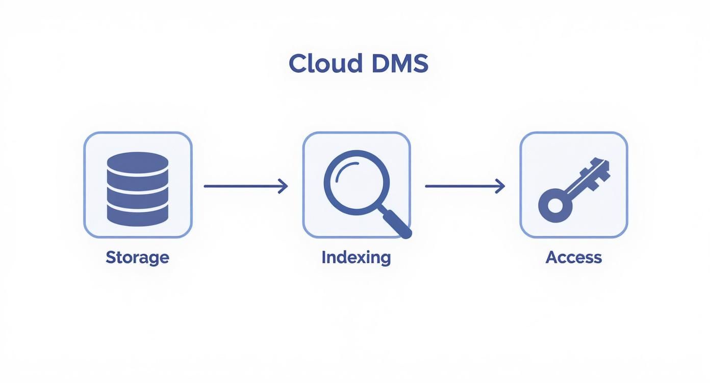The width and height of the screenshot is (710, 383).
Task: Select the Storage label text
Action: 137,257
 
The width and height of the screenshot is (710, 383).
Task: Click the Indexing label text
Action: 356,257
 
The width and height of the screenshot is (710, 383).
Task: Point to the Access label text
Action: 573,257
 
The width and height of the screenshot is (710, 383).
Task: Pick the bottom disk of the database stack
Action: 138,215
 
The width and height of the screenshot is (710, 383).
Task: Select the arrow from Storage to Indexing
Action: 245,186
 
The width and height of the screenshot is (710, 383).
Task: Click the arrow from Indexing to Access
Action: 465,186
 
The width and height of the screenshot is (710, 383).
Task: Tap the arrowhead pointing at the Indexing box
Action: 283,186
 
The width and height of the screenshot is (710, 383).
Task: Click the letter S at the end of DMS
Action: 419,64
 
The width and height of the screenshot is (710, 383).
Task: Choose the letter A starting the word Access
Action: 551,257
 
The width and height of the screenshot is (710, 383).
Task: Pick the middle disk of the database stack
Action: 138,189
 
